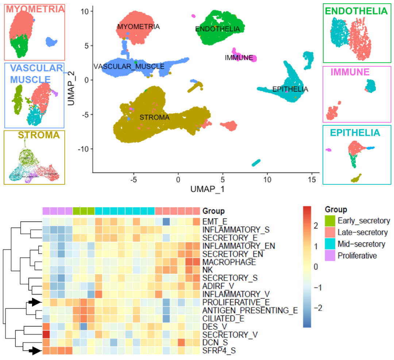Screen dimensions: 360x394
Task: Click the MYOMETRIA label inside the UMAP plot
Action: click(x=138, y=27)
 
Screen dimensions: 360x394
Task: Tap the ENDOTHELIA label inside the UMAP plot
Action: click(x=217, y=29)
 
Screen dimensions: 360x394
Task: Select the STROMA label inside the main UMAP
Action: click(x=154, y=118)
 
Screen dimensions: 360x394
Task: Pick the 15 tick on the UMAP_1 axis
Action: click(x=311, y=180)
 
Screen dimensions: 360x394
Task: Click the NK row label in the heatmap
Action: click(x=208, y=270)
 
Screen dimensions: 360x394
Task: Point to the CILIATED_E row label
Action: click(x=224, y=318)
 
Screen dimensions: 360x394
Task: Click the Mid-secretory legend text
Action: click(x=361, y=244)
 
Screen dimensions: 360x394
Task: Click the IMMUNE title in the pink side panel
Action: click(x=350, y=72)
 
